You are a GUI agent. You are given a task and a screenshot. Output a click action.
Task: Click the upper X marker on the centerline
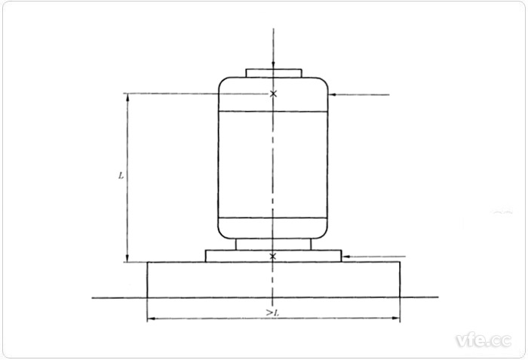coord(273,94)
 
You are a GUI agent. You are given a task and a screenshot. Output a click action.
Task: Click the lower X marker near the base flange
coord(273,257)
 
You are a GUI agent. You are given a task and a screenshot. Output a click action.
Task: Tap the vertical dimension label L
coord(121,174)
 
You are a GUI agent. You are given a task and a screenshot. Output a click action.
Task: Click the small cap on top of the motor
coord(274,73)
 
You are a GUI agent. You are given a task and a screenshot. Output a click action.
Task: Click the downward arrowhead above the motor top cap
coord(273,66)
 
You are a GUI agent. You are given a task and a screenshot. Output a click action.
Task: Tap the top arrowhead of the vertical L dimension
coord(127,97)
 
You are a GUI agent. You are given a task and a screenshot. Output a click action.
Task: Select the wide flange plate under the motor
coord(226,256)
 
